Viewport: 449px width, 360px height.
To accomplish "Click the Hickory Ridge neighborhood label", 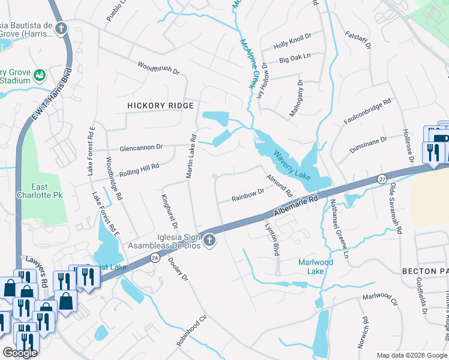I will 160,106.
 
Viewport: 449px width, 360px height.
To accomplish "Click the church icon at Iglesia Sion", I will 209,241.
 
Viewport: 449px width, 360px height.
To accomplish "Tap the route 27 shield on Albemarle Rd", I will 382,179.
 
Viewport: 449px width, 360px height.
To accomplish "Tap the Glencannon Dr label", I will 141,147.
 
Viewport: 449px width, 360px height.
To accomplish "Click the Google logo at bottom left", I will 20,353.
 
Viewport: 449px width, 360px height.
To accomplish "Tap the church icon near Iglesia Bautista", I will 61,28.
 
